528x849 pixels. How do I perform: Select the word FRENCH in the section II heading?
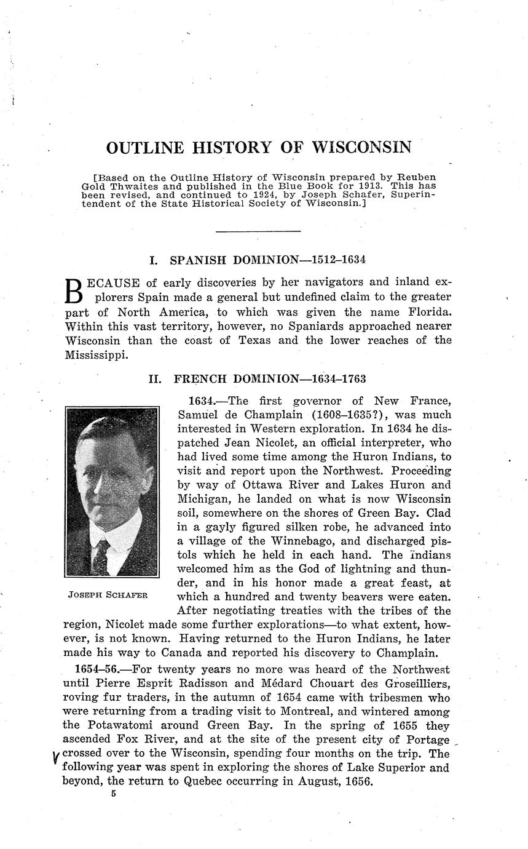tap(200, 379)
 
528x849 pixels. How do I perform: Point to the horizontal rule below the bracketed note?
tap(258, 231)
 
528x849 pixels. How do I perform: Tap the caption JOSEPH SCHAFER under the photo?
tap(111, 596)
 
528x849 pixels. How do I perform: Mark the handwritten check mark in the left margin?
tap(56, 757)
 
